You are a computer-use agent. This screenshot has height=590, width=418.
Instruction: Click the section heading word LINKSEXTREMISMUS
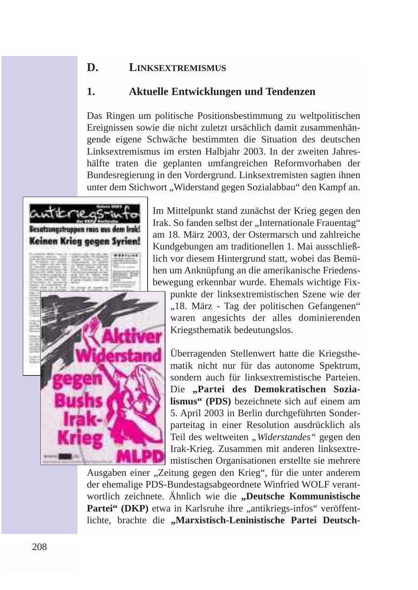177,68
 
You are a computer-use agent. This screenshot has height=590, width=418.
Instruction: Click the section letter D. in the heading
92,68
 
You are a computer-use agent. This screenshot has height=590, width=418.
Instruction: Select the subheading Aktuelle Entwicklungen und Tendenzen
222,92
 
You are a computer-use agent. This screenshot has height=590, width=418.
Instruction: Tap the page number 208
39,547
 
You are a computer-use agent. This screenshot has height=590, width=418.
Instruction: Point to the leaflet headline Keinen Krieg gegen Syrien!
85,241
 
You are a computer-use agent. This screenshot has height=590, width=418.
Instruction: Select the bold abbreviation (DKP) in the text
131,508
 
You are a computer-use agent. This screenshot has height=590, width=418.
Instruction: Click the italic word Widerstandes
284,437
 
